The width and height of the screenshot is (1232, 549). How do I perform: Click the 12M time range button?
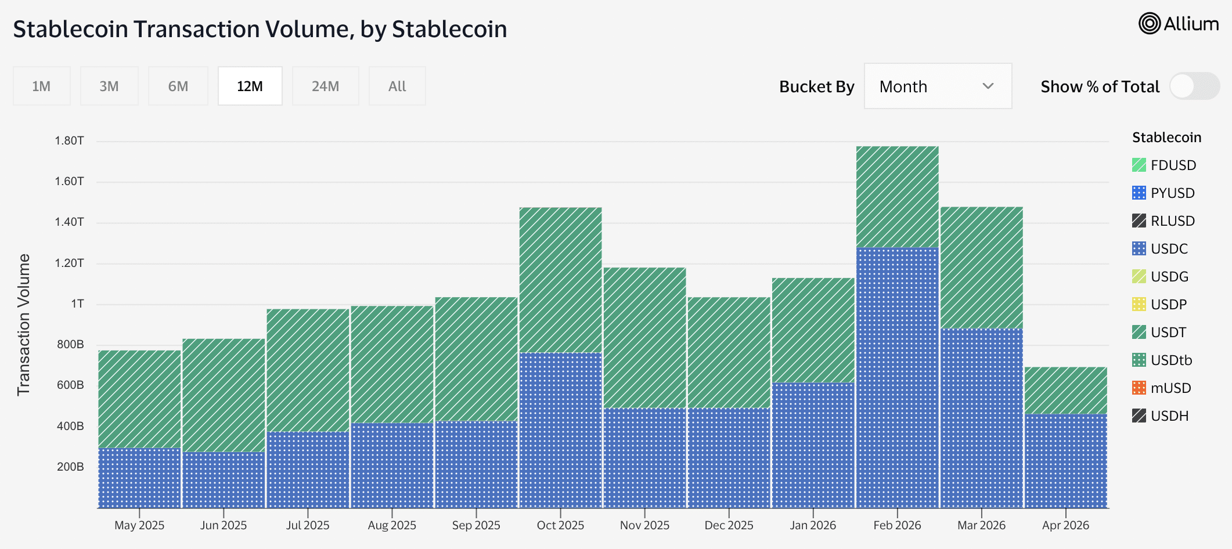250,86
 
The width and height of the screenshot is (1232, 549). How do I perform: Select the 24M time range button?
325,86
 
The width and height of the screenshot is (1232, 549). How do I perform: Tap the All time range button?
397,86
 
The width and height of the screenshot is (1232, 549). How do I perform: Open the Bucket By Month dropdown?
938,86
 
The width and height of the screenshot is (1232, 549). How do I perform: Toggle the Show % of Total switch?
1194,86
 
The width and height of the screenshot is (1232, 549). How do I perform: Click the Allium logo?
1179,24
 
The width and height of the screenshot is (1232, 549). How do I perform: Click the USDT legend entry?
1168,333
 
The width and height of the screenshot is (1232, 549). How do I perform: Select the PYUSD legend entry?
1172,193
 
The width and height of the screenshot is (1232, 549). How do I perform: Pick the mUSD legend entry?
1170,388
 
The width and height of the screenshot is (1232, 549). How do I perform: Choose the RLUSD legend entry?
1172,221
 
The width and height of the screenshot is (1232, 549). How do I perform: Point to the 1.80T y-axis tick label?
69,141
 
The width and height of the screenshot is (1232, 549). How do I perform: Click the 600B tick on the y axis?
70,385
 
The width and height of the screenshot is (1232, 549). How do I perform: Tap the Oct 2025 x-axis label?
560,525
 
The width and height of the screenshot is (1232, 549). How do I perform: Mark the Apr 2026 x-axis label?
1065,525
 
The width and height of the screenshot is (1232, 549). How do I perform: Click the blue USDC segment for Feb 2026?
897,377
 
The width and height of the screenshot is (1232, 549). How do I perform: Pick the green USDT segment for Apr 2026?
1065,391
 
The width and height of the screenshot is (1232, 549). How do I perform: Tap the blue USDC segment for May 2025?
139,478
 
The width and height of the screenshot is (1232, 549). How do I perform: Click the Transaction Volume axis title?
23,325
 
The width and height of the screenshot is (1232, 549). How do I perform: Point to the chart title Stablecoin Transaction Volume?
260,29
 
